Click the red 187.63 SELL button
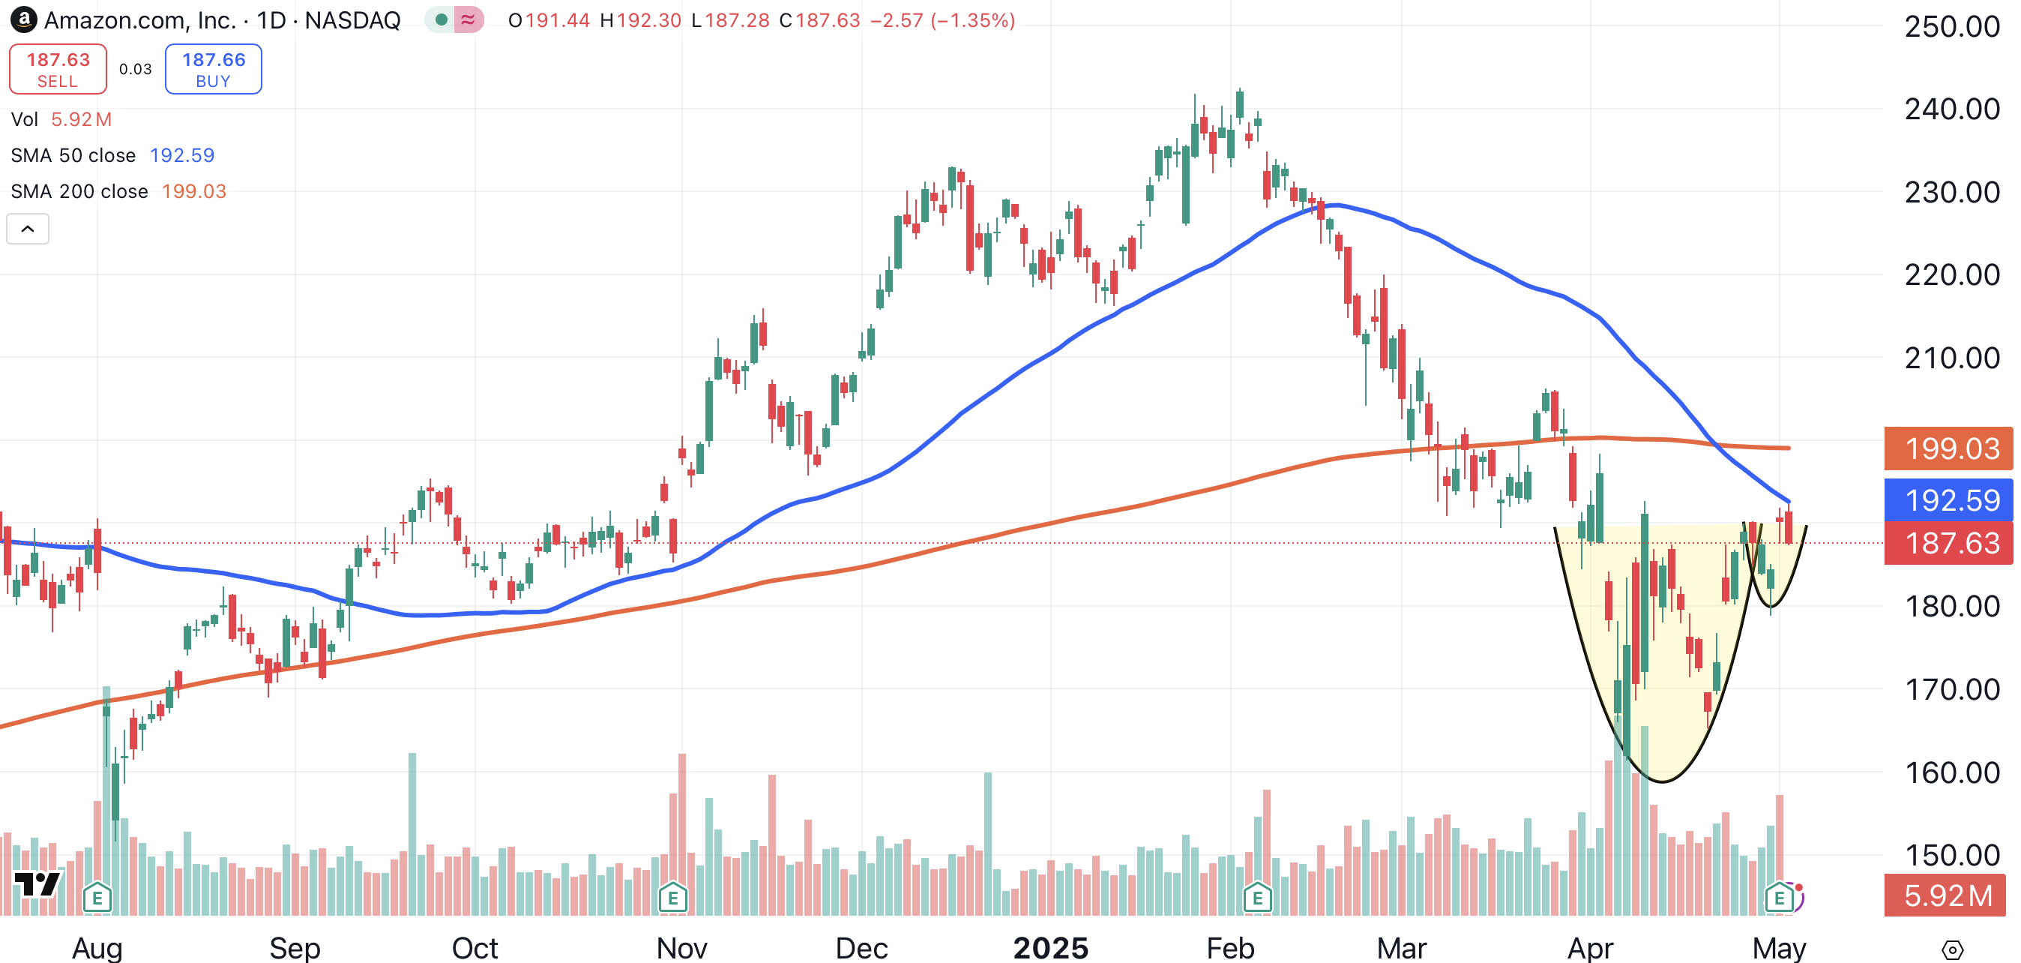[58, 69]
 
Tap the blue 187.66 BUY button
[214, 69]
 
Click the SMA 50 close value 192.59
[182, 155]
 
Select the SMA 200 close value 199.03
[194, 191]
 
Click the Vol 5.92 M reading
[81, 119]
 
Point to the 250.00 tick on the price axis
[1951, 27]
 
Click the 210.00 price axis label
[1951, 358]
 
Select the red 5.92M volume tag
[1948, 895]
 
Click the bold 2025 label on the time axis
[1050, 948]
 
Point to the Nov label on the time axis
[681, 948]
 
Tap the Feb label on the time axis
[1229, 948]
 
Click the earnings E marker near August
[97, 897]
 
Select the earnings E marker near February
[1257, 897]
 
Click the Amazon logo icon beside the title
[23, 19]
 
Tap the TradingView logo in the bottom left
[37, 884]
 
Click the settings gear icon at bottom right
[1952, 949]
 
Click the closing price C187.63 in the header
[820, 20]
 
